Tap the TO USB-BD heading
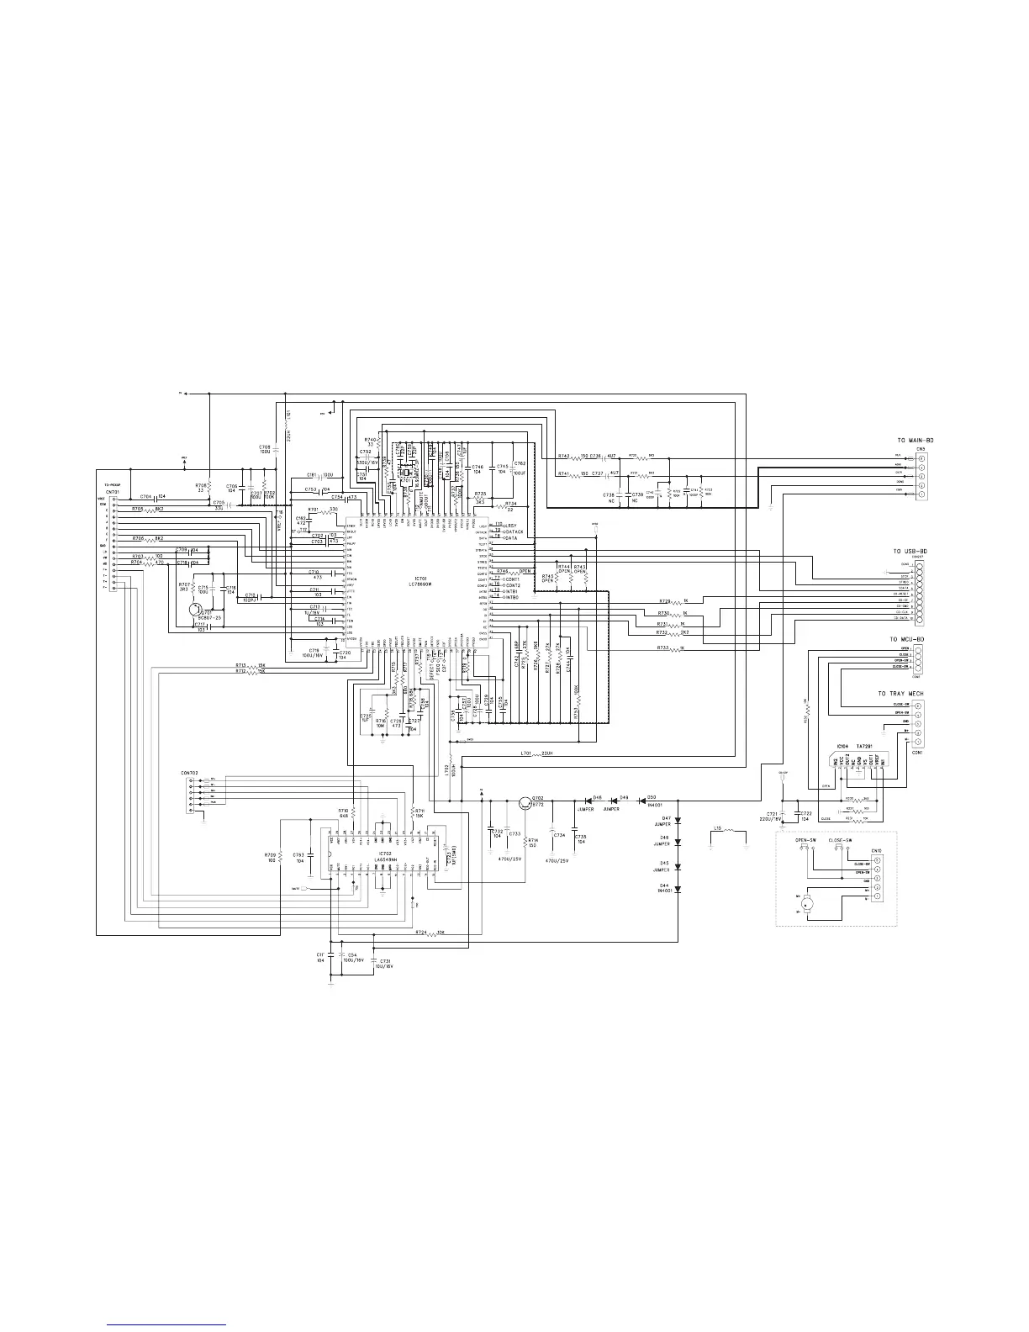point(910,552)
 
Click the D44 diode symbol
point(678,887)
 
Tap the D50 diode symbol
point(642,801)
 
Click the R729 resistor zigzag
point(676,601)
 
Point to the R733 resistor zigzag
point(676,648)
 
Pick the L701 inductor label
point(526,753)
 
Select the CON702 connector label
point(190,772)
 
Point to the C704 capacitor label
point(146,496)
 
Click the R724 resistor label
point(421,932)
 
